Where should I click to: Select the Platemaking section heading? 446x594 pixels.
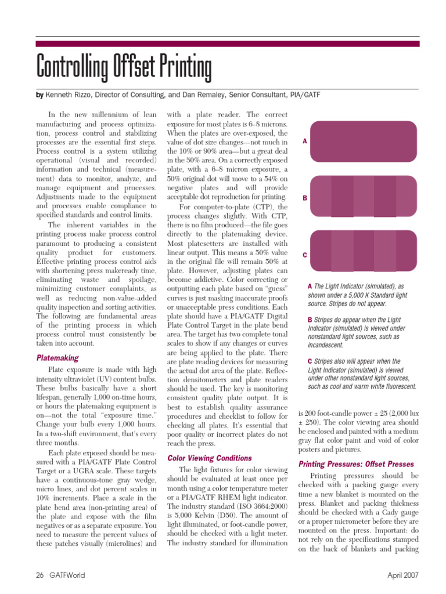pos(57,358)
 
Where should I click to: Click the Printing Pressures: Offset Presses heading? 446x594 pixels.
pos(356,464)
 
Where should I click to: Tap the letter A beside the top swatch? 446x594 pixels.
pos(305,142)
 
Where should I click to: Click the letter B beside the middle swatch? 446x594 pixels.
pos(305,198)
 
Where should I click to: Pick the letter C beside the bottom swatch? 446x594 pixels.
pos(305,255)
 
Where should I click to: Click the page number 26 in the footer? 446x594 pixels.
pos(40,575)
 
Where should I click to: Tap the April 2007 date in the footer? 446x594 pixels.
pos(403,575)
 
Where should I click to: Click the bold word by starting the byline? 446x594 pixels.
pos(40,94)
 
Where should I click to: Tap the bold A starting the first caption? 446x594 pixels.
pos(309,287)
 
